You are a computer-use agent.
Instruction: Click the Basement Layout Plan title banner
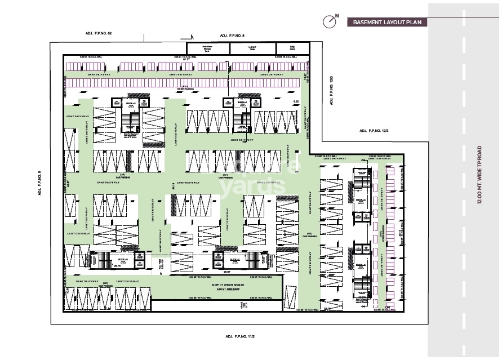(x=386, y=23)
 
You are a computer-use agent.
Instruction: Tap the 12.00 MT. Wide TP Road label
(x=479, y=175)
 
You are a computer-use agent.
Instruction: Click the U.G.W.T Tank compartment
(x=245, y=48)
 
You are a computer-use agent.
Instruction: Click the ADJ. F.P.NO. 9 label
(x=40, y=183)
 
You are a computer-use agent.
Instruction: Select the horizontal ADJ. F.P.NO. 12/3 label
(x=374, y=131)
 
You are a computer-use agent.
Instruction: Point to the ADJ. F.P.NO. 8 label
(x=231, y=35)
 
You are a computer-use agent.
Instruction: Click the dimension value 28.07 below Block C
(x=226, y=272)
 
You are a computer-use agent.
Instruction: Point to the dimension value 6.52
(x=296, y=102)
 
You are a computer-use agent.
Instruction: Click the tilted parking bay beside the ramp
(x=291, y=295)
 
